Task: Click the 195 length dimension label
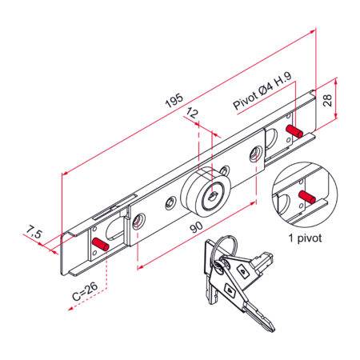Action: click(x=174, y=100)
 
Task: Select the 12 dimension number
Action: click(x=192, y=113)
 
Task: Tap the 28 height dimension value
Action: click(x=327, y=100)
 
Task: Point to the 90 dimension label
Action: click(x=196, y=227)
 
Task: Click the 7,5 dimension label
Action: click(x=34, y=232)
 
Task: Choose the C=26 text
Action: click(x=85, y=291)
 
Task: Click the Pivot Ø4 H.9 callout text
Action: click(x=262, y=90)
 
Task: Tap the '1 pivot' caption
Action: click(x=305, y=238)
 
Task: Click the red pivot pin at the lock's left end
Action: click(x=100, y=244)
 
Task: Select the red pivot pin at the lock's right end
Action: click(x=294, y=131)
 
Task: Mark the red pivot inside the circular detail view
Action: click(x=307, y=197)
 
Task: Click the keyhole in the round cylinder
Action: click(x=213, y=197)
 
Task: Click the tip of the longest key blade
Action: click(x=273, y=330)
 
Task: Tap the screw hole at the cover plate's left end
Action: click(x=138, y=222)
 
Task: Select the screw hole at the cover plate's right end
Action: click(x=256, y=154)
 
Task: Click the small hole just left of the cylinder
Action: click(x=170, y=203)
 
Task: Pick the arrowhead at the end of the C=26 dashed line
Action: click(x=70, y=309)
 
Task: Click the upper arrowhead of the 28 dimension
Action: click(x=336, y=81)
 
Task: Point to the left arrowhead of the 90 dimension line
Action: click(x=140, y=267)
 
